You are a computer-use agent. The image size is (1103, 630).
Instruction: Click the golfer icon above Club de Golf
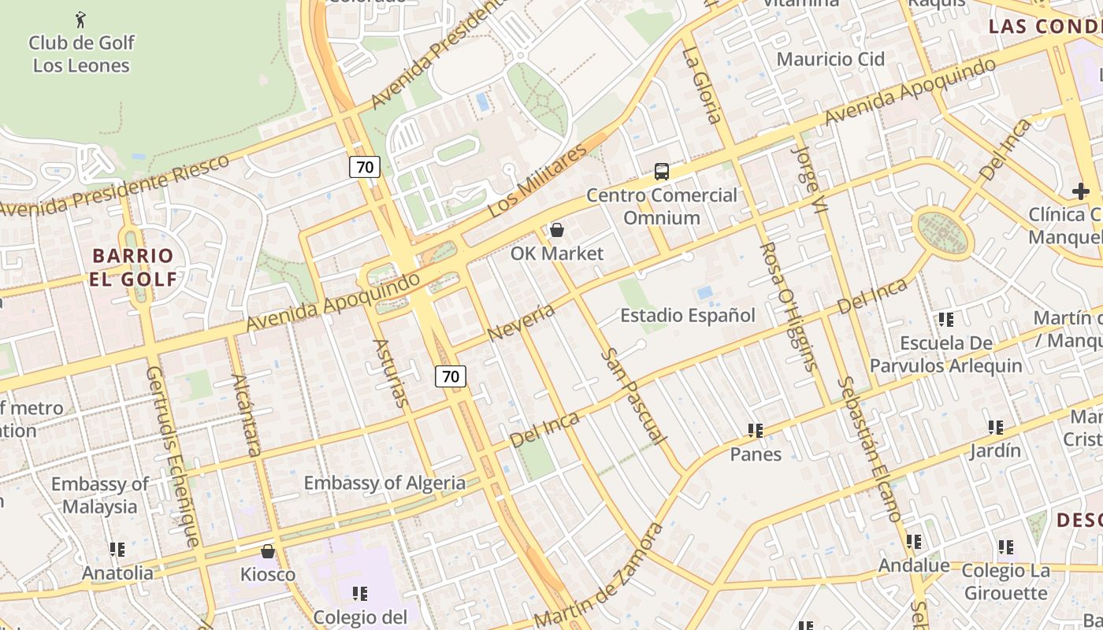(80, 18)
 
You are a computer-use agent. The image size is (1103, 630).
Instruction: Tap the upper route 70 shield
(365, 167)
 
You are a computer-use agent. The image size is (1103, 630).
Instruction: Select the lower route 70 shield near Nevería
(451, 376)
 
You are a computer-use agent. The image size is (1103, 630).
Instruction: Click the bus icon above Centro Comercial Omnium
(662, 171)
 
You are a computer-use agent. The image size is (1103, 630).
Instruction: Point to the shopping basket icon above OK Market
(557, 230)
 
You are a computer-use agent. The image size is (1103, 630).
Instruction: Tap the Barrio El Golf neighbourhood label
(132, 267)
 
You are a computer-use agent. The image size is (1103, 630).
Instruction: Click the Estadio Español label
(687, 316)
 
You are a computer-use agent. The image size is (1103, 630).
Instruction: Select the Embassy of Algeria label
(384, 483)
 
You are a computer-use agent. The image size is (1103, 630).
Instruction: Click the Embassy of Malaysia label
(100, 495)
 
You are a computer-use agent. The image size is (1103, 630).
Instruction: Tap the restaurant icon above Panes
(756, 431)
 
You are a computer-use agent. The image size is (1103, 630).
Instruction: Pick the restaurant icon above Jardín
(995, 428)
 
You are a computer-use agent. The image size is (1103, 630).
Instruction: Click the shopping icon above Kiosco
(268, 550)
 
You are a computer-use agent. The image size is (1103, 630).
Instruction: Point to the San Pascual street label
(633, 396)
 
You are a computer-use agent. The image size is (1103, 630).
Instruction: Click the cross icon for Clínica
(1080, 191)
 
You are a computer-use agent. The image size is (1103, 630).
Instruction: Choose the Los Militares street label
(537, 182)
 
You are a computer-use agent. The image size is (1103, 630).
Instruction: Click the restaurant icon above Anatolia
(117, 549)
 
